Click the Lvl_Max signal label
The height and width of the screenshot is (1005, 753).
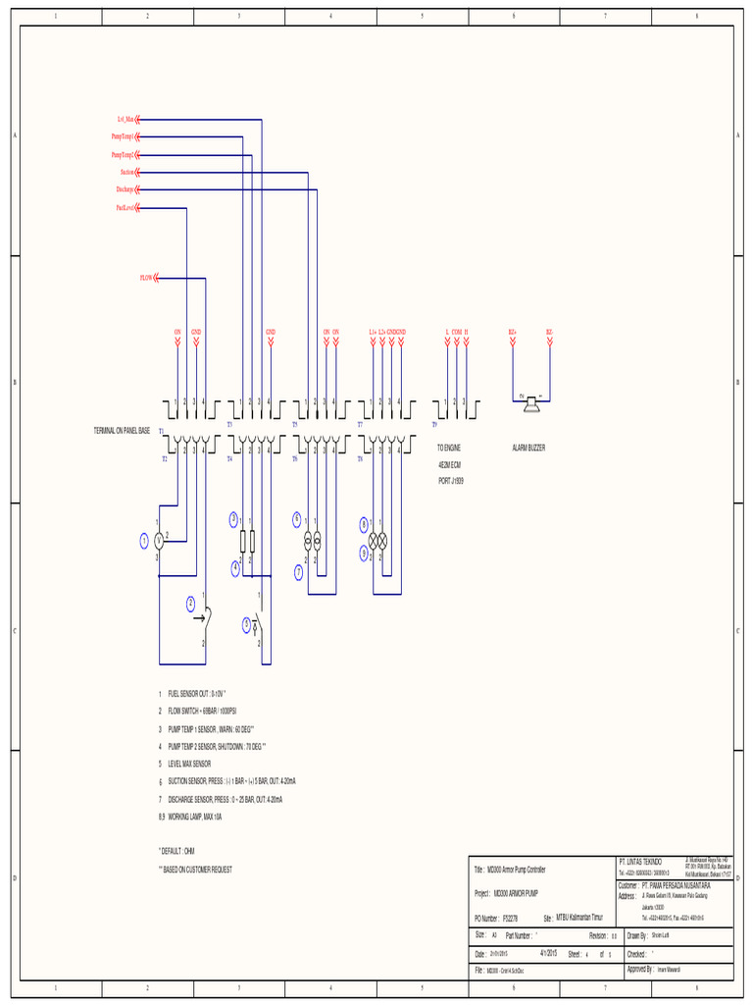(125, 120)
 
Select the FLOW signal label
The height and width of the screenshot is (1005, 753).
(147, 279)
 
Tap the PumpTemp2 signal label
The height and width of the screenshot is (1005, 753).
(122, 155)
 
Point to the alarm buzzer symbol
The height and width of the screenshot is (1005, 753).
(530, 399)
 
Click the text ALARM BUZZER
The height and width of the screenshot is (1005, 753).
(529, 448)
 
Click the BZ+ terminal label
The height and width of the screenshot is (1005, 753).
(512, 333)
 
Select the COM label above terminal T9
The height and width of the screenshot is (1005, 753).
(457, 333)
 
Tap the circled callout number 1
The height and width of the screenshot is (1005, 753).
(144, 540)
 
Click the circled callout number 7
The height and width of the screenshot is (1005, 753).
(298, 571)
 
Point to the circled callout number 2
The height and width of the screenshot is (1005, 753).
(191, 604)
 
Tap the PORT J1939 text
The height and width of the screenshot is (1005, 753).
(450, 482)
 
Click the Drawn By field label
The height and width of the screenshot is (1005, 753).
(635, 936)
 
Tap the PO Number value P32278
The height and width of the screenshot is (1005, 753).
(510, 918)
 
